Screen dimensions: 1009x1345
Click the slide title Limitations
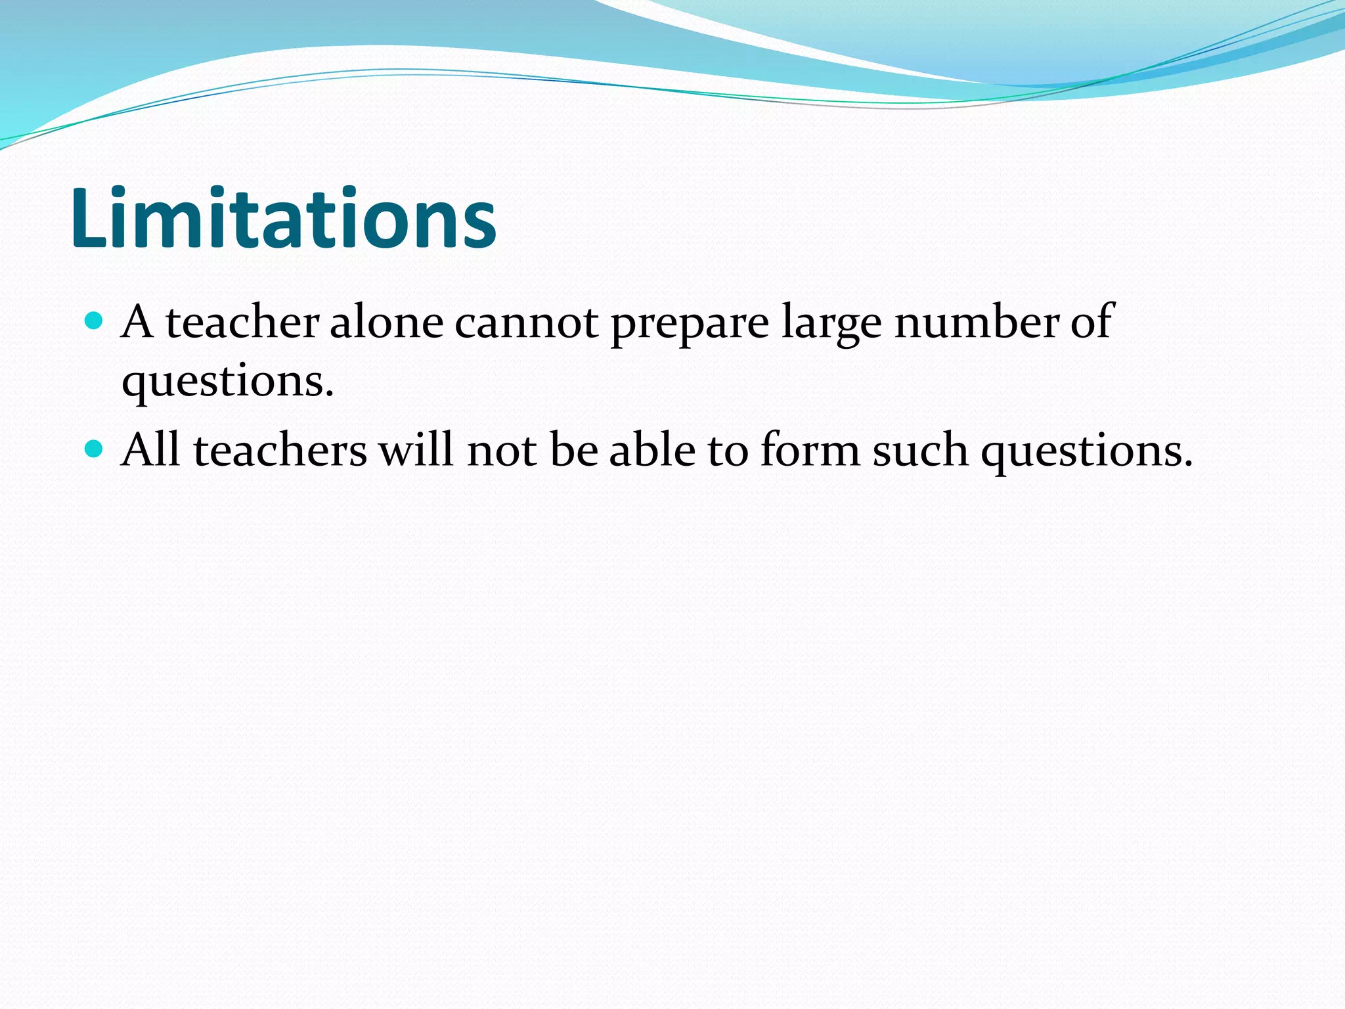[x=283, y=218]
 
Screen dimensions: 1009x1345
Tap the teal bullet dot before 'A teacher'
[x=95, y=321]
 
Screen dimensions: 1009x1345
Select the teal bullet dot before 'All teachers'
[x=95, y=449]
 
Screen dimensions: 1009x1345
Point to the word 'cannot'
[x=527, y=323]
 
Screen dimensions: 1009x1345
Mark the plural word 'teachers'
[x=280, y=451]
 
